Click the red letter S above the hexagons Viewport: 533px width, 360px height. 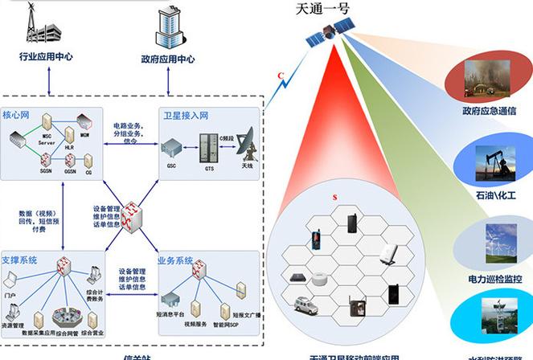(x=334, y=198)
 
